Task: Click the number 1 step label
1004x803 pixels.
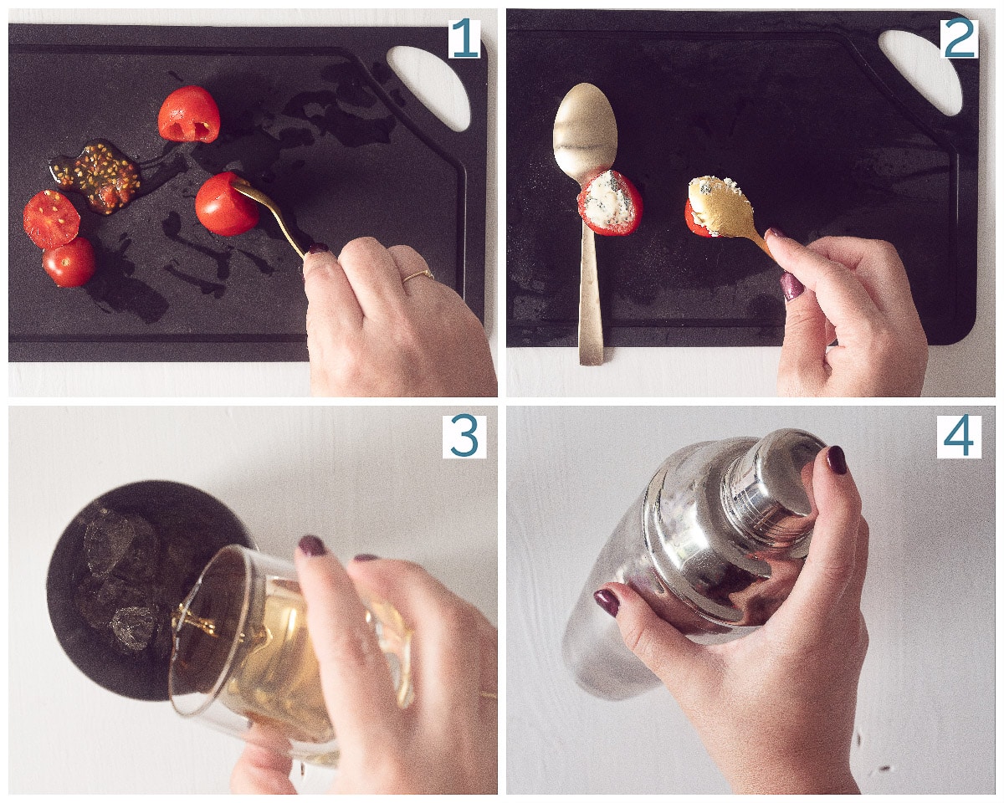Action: [x=464, y=38]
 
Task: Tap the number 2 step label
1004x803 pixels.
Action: [x=960, y=38]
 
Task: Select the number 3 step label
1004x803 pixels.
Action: [x=464, y=437]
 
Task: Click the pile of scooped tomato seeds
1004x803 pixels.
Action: [x=99, y=176]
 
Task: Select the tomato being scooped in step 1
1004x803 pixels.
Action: [x=224, y=204]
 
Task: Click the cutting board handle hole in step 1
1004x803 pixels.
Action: [x=429, y=84]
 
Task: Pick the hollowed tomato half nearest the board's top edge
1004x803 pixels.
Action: [x=189, y=115]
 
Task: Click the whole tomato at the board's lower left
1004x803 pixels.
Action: [x=69, y=262]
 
